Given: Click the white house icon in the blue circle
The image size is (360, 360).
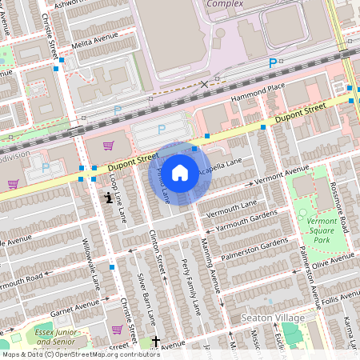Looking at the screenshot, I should coord(180,173).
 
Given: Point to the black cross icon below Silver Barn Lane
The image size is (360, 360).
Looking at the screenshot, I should coord(156,342).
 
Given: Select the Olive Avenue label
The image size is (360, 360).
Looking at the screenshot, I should coord(331,261).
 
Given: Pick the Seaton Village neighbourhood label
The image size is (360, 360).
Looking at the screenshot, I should coord(273,318).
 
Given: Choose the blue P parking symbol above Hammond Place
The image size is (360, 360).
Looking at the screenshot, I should coord(273,63).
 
